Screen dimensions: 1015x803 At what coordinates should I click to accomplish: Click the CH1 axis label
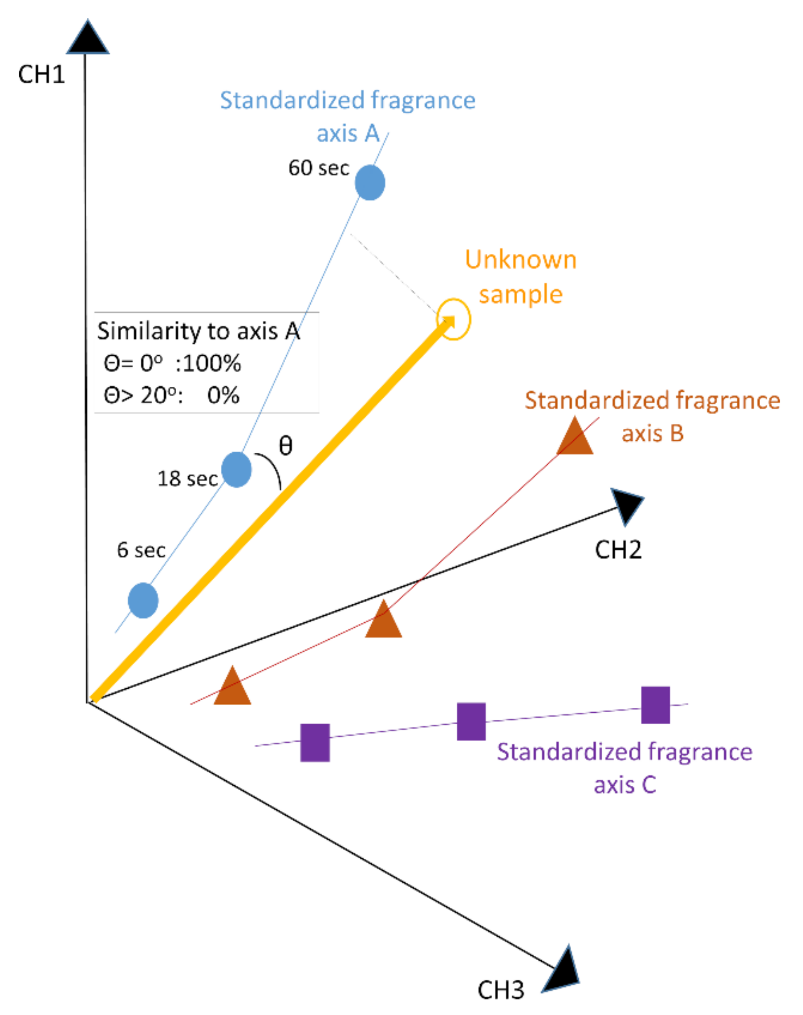coord(41,75)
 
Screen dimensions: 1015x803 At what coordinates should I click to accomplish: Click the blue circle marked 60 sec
coord(369,183)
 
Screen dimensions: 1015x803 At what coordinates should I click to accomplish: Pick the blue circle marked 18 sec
coord(236,469)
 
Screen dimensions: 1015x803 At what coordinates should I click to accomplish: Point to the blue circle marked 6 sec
coord(143,601)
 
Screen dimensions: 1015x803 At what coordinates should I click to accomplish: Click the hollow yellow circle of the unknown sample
coord(453,319)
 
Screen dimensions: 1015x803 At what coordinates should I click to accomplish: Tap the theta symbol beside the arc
coord(285,445)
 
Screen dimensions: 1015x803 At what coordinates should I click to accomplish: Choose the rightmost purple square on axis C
coord(655,705)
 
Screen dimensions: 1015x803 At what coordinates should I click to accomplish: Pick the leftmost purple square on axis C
coord(315,742)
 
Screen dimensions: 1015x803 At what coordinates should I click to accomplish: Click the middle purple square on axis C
coord(471,722)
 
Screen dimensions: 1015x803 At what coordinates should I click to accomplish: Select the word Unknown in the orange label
coord(520,260)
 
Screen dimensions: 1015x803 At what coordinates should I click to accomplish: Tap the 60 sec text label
coord(318,168)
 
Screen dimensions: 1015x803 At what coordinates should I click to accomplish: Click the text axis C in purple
coord(625,785)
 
